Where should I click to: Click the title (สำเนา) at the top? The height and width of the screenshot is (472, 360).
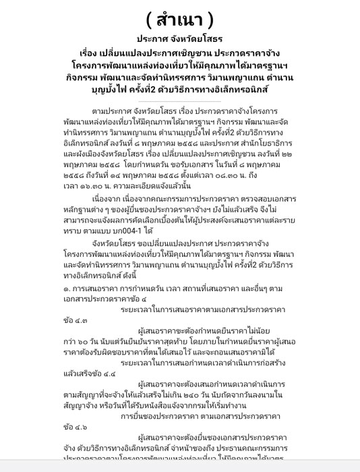(179, 16)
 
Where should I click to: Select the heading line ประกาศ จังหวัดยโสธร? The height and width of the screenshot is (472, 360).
(179, 39)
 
